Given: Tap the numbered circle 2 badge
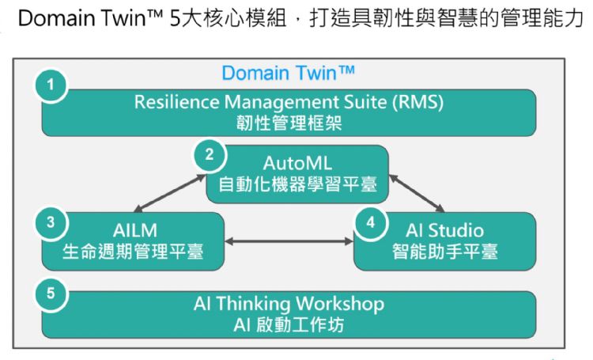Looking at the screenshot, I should tap(209, 154).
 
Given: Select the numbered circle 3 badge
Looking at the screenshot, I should tap(50, 223).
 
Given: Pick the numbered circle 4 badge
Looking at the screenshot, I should tap(369, 223).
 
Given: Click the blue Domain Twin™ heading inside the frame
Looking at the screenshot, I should tap(288, 74).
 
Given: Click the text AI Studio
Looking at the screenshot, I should tap(444, 231).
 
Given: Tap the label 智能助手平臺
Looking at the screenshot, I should tap(444, 252).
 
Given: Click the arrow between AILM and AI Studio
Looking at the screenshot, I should tap(289, 241).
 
